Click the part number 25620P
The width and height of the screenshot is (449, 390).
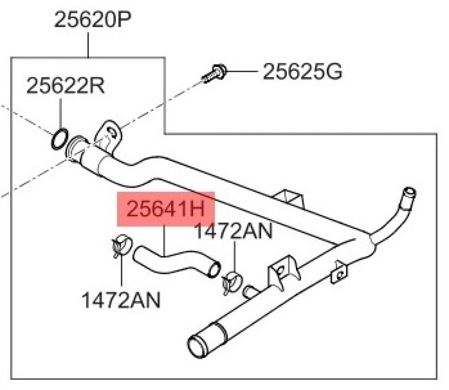point(92,19)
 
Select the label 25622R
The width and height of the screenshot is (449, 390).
point(66,86)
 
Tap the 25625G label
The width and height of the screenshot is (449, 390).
point(302,71)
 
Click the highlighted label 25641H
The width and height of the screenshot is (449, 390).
point(166,209)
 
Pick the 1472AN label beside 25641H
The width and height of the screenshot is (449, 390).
point(233,231)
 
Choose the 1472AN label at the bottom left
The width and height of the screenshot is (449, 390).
point(121,300)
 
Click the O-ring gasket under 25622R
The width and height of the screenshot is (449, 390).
point(60,139)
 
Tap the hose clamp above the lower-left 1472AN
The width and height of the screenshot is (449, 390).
point(121,245)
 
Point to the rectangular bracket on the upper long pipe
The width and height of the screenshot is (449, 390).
point(289,198)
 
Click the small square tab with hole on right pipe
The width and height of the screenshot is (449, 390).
point(339,273)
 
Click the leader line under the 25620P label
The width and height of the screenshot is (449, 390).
point(88,45)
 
